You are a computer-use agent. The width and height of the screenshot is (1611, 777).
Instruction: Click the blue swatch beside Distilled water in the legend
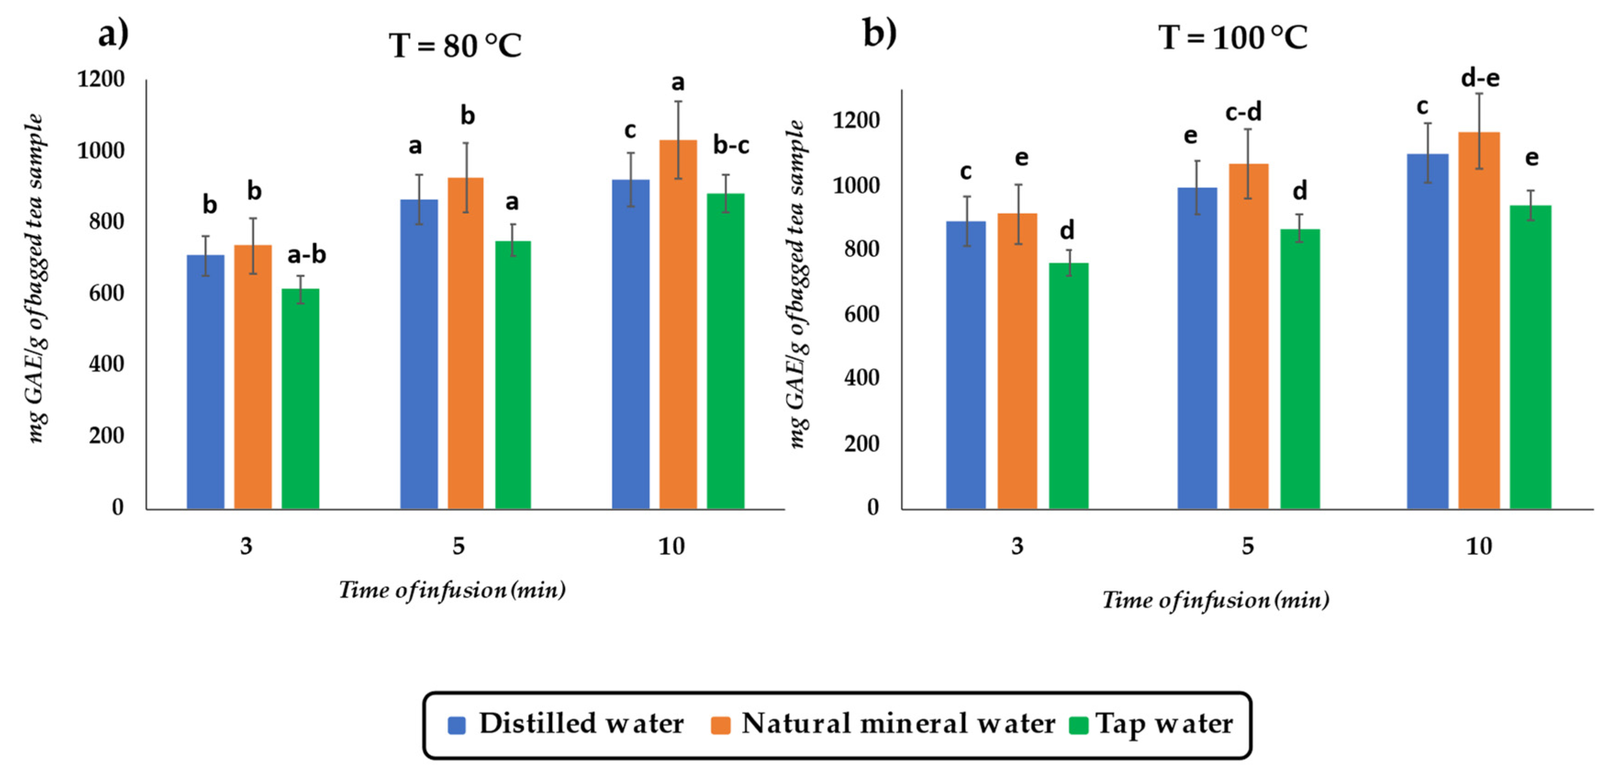(x=457, y=726)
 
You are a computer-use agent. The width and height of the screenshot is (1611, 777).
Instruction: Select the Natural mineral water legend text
(x=898, y=724)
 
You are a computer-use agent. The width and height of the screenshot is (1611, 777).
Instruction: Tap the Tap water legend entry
(x=1163, y=724)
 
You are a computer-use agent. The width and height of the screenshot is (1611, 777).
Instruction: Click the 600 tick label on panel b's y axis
(x=861, y=314)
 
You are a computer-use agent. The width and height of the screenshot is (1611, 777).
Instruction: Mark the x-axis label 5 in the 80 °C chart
(x=458, y=546)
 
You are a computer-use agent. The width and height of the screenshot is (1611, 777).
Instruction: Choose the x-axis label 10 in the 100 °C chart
(x=1479, y=546)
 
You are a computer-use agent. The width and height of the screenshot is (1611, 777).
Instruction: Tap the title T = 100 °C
(x=1232, y=38)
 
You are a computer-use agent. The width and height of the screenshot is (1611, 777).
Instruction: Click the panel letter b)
(x=879, y=33)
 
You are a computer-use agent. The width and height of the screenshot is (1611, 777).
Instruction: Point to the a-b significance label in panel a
(x=307, y=255)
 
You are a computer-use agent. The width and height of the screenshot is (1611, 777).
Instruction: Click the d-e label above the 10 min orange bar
(x=1480, y=78)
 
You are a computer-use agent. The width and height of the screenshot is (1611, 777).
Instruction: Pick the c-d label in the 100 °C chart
(x=1243, y=112)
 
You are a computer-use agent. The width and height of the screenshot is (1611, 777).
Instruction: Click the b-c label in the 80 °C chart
(x=731, y=145)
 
